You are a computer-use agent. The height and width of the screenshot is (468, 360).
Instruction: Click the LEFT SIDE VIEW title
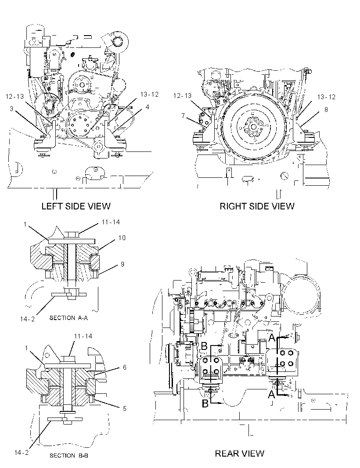click(x=76, y=206)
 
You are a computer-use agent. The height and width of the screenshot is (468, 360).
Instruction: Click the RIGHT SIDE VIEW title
click(x=257, y=206)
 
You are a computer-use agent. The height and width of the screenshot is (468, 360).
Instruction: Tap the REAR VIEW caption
click(x=240, y=454)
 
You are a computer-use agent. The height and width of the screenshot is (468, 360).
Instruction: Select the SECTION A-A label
click(x=68, y=318)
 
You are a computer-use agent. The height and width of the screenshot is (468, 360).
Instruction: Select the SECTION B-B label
click(x=68, y=455)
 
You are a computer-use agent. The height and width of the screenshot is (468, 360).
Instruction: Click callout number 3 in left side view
click(x=11, y=108)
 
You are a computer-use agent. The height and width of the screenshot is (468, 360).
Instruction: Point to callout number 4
click(x=147, y=107)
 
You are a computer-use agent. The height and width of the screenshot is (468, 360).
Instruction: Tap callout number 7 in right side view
click(x=183, y=115)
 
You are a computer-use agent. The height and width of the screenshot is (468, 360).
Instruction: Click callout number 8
click(x=326, y=110)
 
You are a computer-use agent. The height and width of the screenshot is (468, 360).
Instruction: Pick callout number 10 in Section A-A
click(x=122, y=238)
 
